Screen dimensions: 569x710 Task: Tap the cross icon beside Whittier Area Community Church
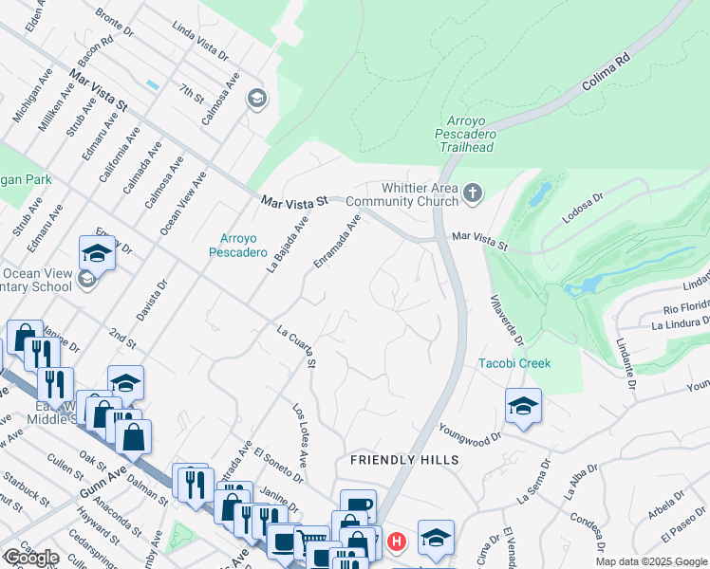[x=473, y=194]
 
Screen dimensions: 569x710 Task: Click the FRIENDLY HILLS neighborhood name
[x=404, y=460]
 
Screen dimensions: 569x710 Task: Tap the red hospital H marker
[x=397, y=542]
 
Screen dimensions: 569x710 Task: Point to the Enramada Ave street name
[x=338, y=241]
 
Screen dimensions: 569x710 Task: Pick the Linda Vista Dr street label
[x=200, y=43]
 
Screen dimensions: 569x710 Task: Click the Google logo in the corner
[x=31, y=558]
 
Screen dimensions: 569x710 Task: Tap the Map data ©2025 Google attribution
[x=651, y=561]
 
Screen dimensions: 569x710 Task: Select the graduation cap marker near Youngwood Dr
[x=523, y=406]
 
